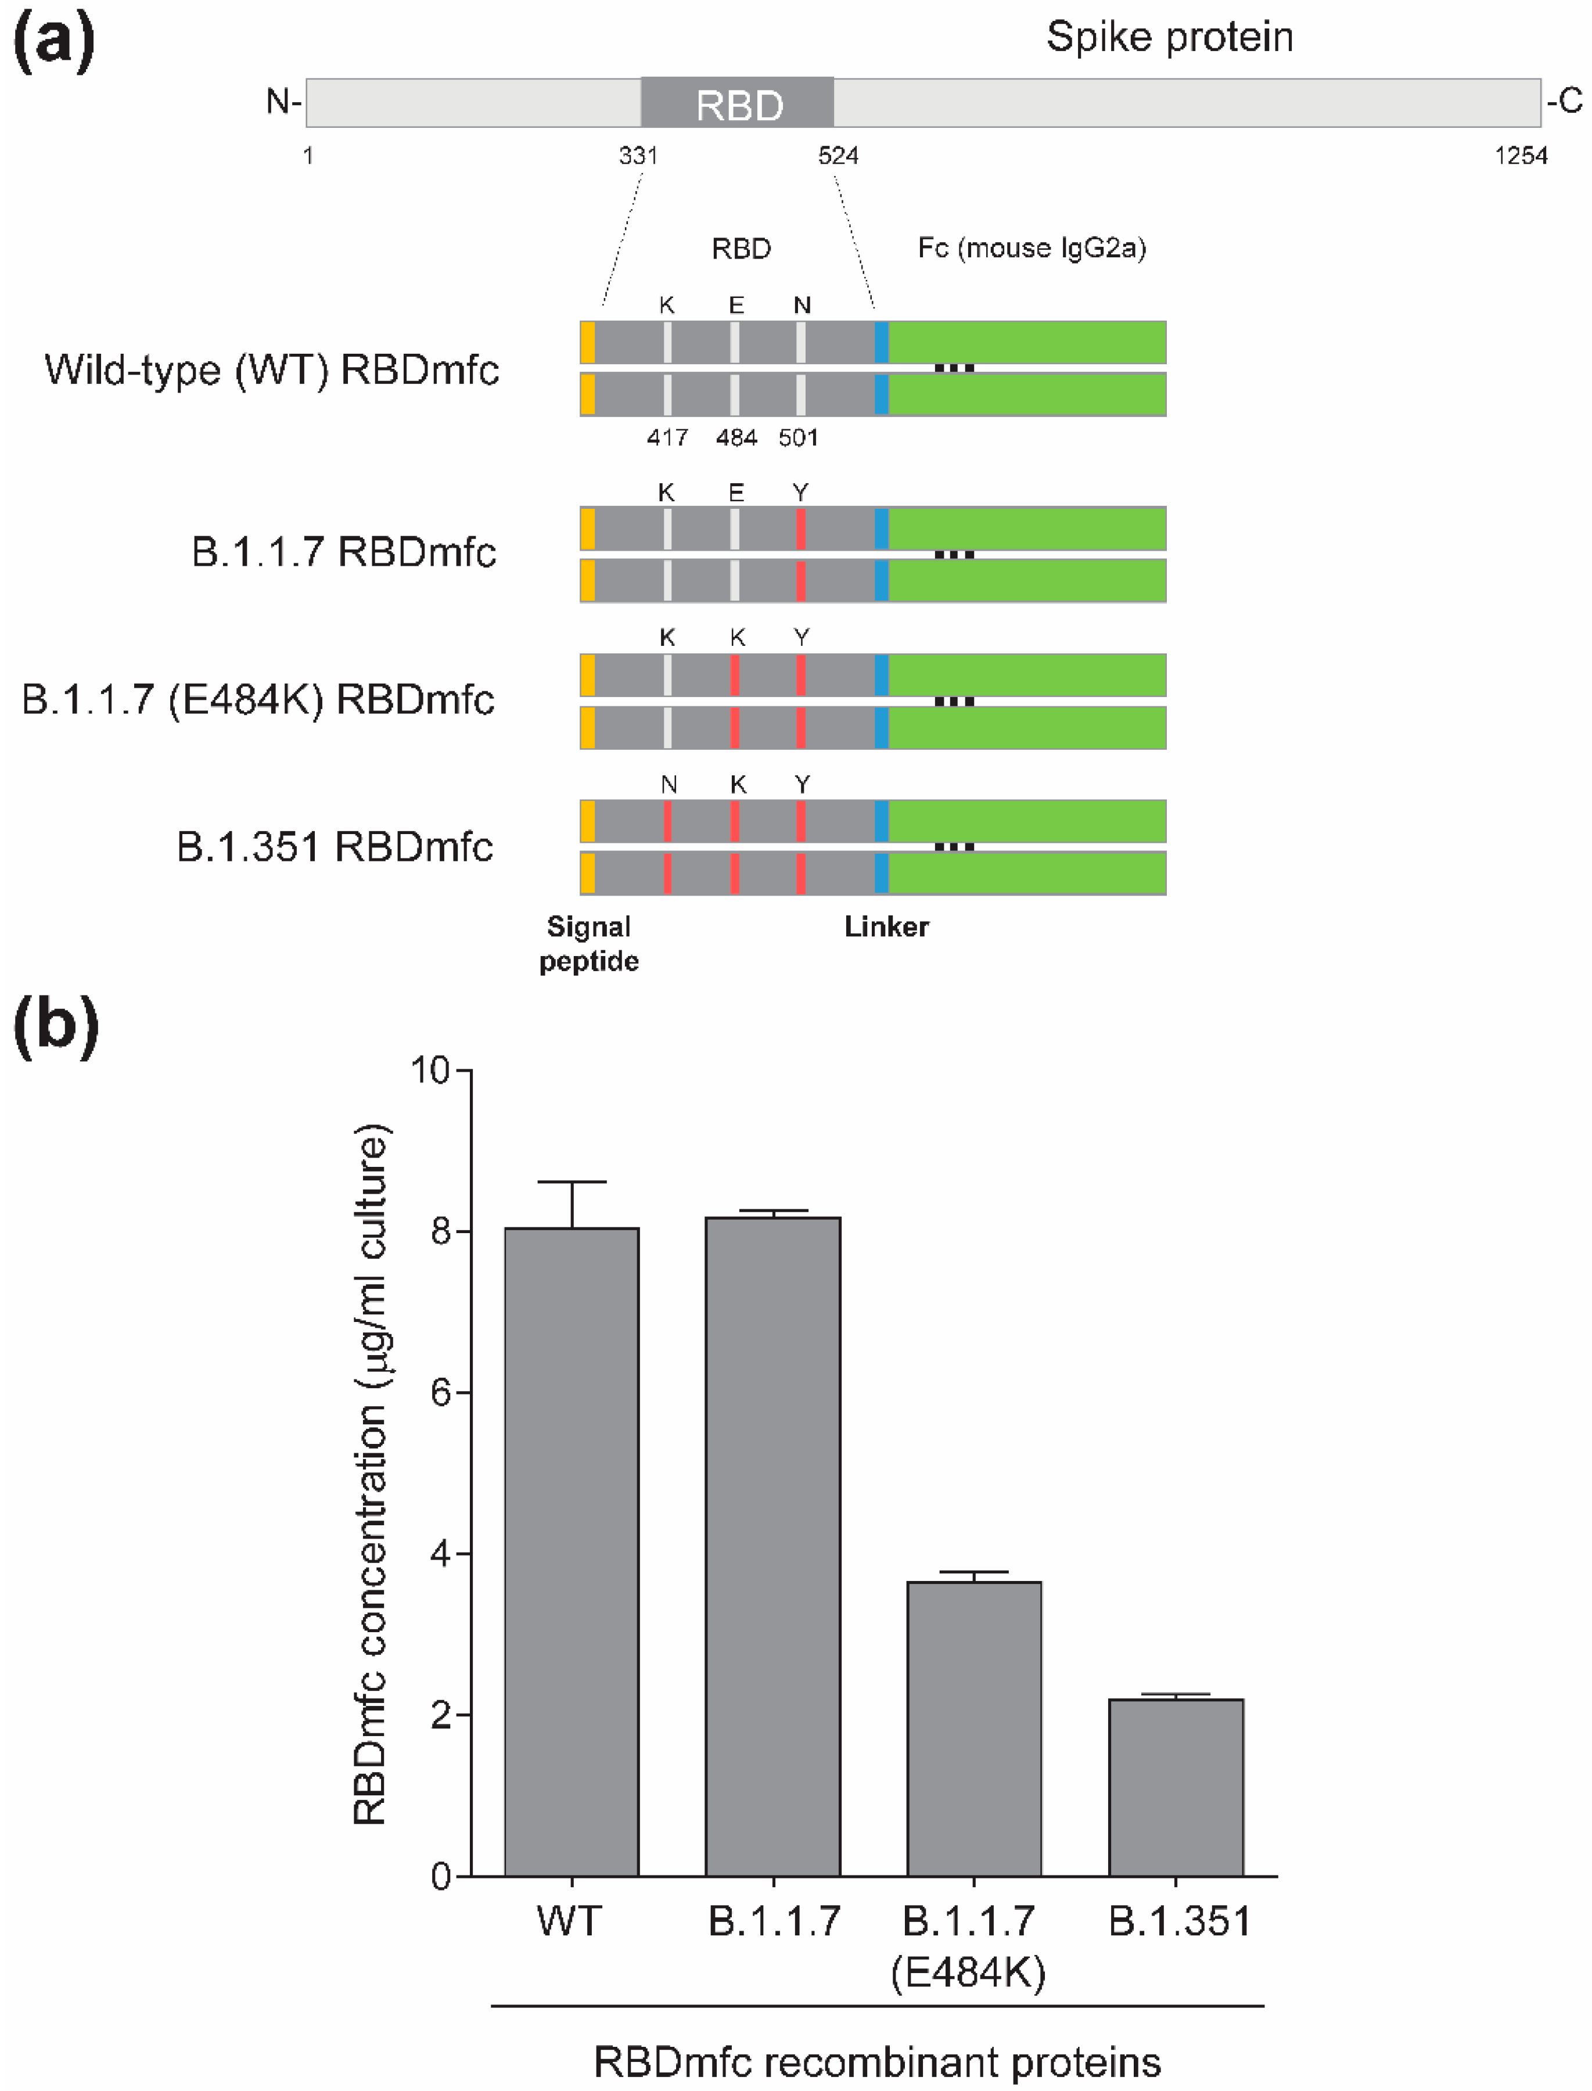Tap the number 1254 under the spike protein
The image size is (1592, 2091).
[1520, 156]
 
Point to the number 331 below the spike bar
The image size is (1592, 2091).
[638, 156]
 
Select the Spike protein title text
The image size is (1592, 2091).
[1169, 38]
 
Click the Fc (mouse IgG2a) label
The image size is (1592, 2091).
[1031, 248]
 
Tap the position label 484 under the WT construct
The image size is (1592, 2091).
[736, 438]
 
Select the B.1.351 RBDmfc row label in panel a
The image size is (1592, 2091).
[335, 847]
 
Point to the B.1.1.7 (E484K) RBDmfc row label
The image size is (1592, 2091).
[258, 700]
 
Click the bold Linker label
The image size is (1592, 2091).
[886, 926]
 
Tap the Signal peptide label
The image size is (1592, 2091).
[588, 944]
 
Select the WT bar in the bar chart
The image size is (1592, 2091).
[572, 1554]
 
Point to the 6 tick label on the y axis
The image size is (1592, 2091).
[441, 1393]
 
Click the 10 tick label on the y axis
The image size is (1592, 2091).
[430, 1070]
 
